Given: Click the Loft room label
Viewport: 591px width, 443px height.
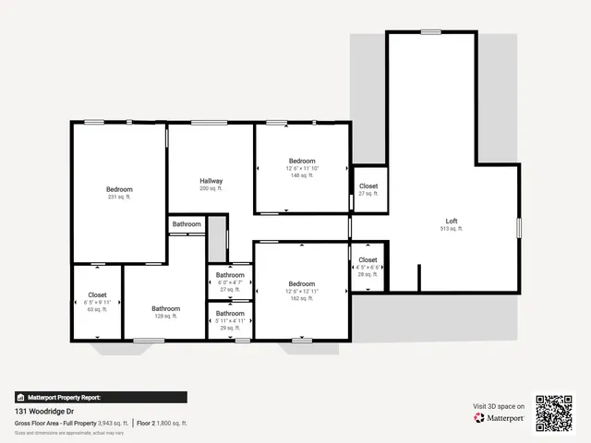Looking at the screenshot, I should coord(452,221).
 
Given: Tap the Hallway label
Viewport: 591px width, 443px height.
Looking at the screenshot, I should coord(211,181).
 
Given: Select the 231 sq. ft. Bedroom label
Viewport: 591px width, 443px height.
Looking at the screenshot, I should coord(119,189).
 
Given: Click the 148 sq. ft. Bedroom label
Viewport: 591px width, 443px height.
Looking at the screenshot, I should coord(301,162).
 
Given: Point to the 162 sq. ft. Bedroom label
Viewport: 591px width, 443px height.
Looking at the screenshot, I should coord(301,284).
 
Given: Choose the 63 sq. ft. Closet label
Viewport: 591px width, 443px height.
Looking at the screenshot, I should coord(98,295).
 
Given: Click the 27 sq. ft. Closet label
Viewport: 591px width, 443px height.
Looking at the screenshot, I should coord(368,186).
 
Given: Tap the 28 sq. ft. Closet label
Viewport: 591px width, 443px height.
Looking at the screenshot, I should coord(368,260).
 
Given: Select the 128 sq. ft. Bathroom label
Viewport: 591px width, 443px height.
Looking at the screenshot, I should coord(166,309).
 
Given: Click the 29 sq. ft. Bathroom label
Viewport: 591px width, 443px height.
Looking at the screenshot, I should coord(230,314).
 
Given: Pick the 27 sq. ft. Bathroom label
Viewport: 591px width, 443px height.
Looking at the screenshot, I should coord(230,275).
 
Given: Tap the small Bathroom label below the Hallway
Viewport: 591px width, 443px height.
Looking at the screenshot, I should coord(187,224).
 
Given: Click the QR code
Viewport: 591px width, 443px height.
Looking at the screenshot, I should coord(555,413).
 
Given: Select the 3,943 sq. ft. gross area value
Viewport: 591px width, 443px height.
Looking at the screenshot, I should coord(112,423).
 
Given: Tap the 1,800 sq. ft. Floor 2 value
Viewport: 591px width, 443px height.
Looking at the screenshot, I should coord(172,423).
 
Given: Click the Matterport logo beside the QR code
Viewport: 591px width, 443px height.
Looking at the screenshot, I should coord(500,417).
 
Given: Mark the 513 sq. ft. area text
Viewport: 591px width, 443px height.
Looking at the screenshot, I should coord(452,229).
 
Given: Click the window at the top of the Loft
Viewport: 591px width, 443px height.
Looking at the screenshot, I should coord(431,32).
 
